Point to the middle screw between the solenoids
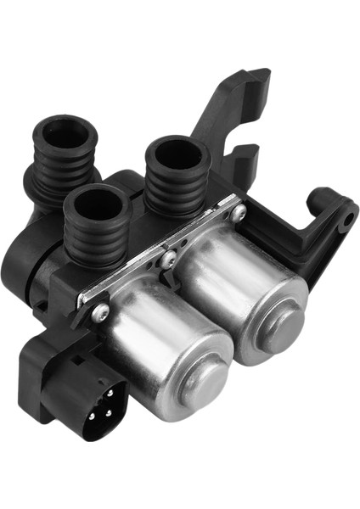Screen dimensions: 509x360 (170, 260)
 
